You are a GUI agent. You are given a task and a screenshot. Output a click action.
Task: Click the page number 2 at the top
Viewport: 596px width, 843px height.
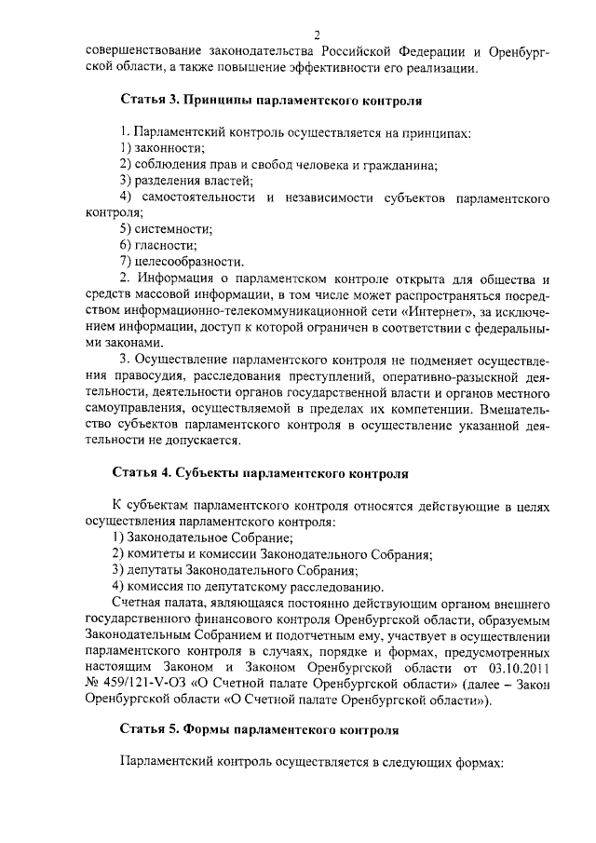[318, 34]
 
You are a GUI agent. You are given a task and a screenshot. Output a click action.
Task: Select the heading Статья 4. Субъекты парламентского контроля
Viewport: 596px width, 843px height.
[261, 472]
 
